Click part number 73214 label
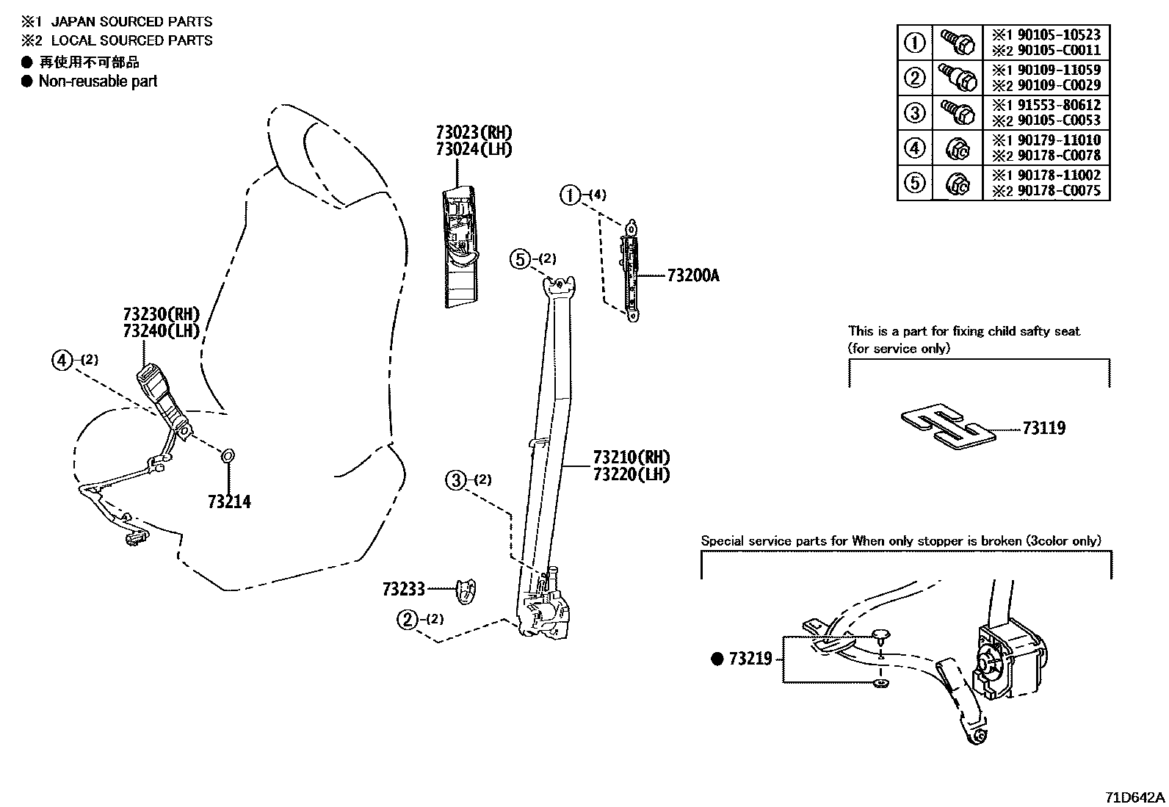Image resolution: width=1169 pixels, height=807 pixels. tap(229, 502)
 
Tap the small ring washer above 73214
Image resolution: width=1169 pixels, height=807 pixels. tap(228, 457)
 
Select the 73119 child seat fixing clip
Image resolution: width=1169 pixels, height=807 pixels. tap(948, 427)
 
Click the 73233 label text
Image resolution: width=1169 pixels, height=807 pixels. tap(403, 589)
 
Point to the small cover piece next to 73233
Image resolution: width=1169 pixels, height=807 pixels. tap(465, 590)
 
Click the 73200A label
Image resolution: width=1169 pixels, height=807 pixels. tap(693, 276)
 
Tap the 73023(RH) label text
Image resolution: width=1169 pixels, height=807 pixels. tap(473, 133)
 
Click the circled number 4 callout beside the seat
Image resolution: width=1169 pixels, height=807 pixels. tap(62, 360)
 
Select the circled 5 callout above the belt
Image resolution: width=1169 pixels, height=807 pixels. tap(521, 258)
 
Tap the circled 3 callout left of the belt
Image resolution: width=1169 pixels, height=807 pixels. tap(456, 480)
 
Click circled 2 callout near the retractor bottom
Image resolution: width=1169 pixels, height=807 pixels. tap(407, 620)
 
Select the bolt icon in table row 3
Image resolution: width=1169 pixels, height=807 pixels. tap(957, 112)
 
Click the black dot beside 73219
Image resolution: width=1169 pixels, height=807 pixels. tap(717, 659)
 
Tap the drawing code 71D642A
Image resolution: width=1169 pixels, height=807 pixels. tap(1134, 797)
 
